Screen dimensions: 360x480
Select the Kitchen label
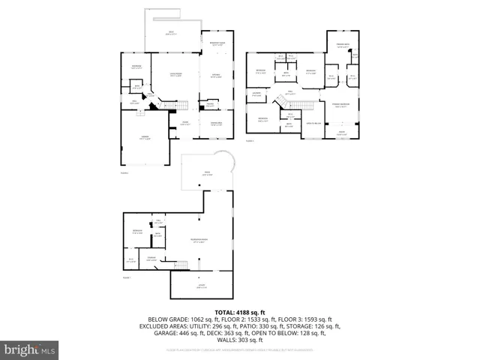215,76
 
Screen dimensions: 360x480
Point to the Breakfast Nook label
217,44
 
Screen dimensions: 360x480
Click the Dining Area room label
216,124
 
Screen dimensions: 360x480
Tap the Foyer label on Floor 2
184,124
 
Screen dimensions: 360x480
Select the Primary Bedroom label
342,106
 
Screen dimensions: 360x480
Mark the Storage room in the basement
151,259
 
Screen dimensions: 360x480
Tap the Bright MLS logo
30,349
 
